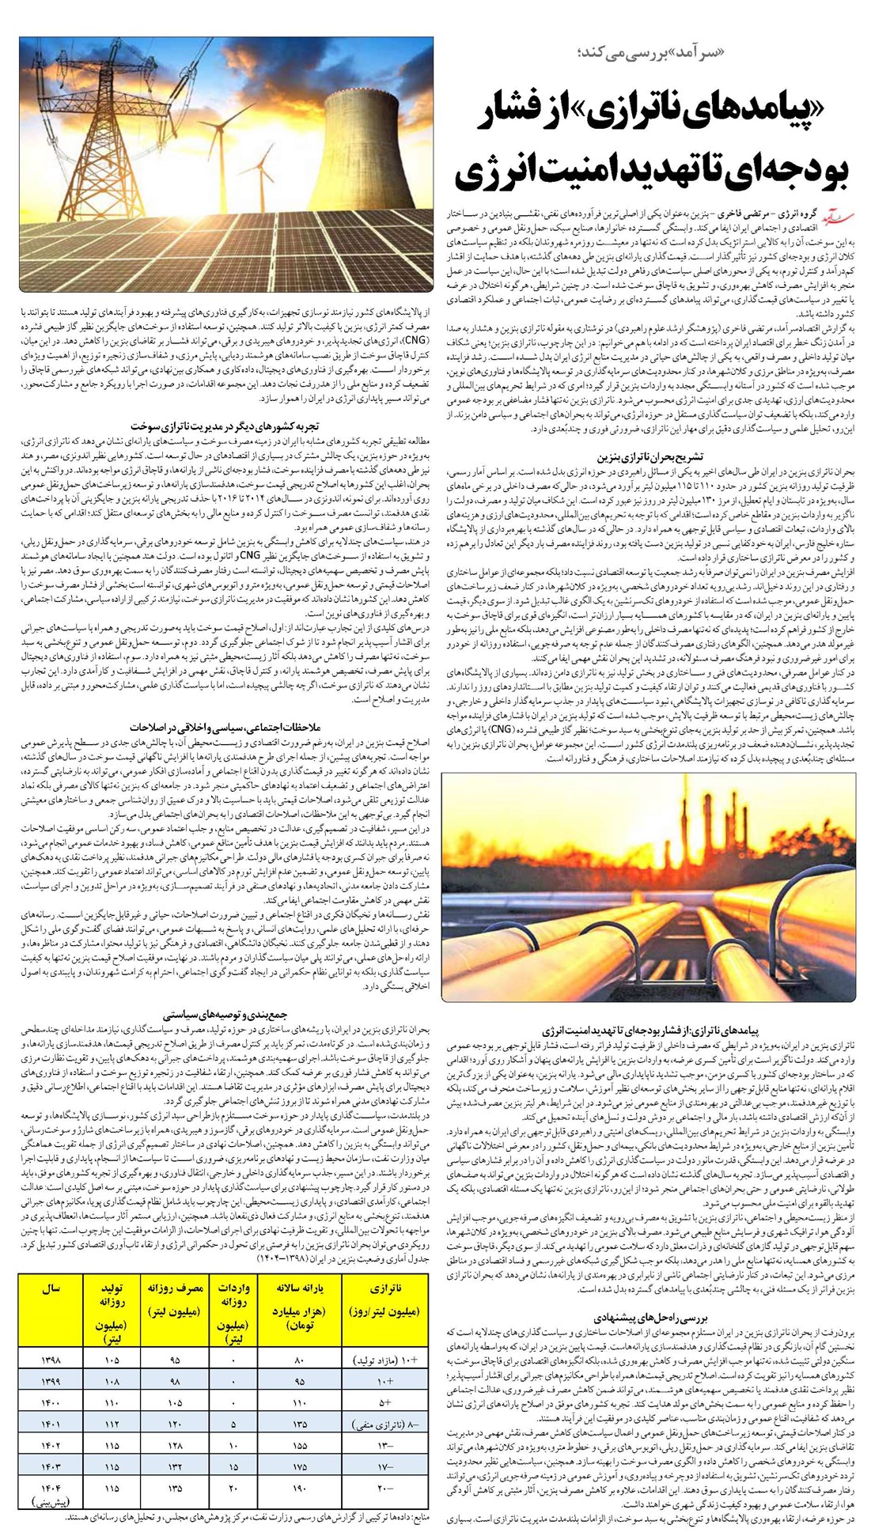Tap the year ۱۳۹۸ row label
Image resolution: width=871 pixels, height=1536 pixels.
pos(49,1383)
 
